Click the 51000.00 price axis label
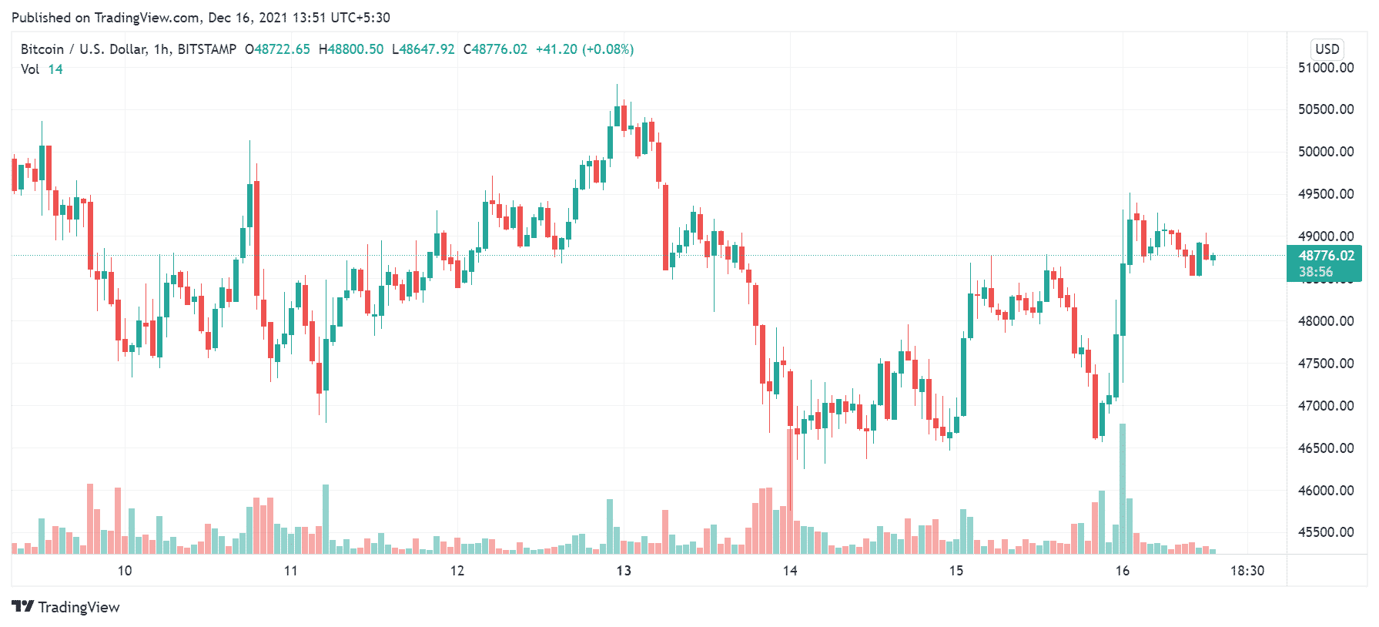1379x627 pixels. (x=1325, y=68)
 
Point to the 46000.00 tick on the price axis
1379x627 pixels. (x=1325, y=490)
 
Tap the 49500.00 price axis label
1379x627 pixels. (x=1325, y=194)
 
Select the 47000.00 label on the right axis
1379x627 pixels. (x=1325, y=406)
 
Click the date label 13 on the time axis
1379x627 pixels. (x=624, y=571)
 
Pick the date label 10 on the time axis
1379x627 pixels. (x=125, y=571)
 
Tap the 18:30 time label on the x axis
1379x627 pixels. (x=1247, y=571)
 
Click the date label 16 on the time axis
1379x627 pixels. (x=1123, y=571)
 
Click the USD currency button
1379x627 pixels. (x=1327, y=49)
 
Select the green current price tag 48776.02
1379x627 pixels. (x=1326, y=256)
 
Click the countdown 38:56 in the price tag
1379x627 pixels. (x=1316, y=272)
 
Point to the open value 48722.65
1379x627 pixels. (x=282, y=49)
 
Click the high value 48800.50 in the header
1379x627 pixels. (x=355, y=49)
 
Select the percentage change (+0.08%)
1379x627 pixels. (x=607, y=49)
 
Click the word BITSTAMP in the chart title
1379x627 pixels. (x=206, y=49)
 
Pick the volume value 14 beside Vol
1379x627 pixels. (x=55, y=69)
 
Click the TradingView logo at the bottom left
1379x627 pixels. (x=66, y=607)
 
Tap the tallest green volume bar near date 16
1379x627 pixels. (x=1123, y=489)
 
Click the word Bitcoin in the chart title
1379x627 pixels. (x=42, y=49)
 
